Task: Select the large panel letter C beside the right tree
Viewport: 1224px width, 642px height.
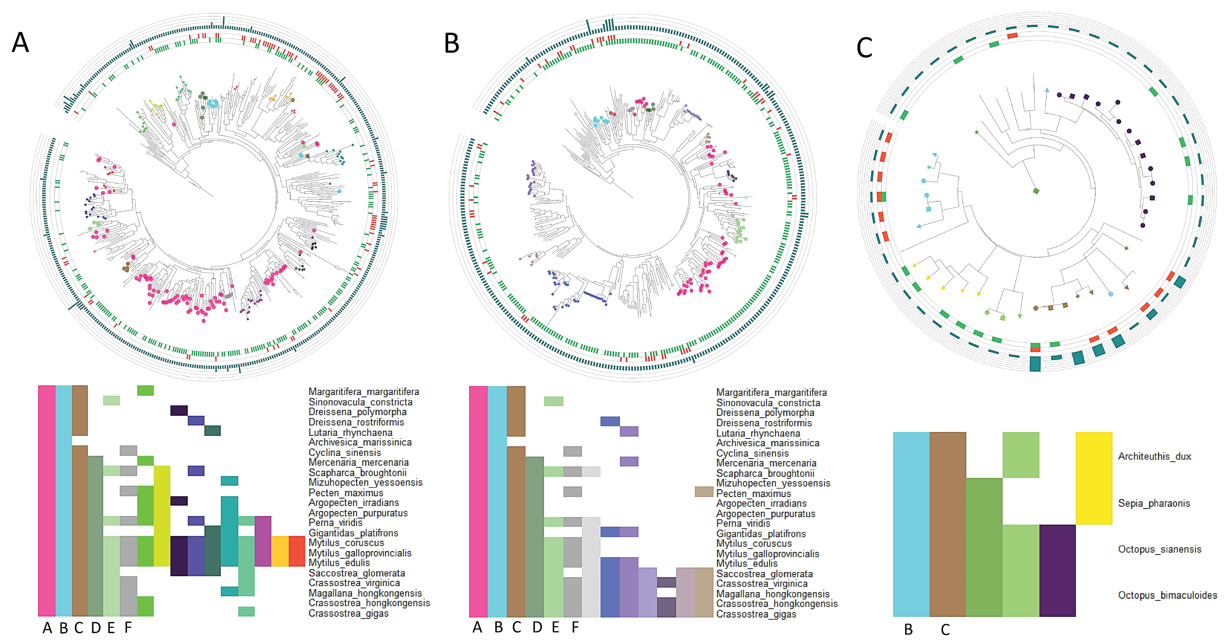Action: pos(864,48)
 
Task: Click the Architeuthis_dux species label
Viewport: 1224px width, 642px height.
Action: pos(1154,456)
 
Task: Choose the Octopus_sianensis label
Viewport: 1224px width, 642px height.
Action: pos(1159,549)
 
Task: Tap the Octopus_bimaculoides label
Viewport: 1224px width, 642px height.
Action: pos(1167,595)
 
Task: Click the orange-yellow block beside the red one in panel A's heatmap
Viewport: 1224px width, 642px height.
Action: pos(280,551)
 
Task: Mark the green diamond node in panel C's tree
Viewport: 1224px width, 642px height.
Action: pos(1036,191)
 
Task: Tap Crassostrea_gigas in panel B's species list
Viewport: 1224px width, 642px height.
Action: pos(756,614)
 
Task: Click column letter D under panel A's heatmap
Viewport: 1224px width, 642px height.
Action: pos(95,628)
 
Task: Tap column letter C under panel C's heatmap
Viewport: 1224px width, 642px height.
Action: pos(945,630)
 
